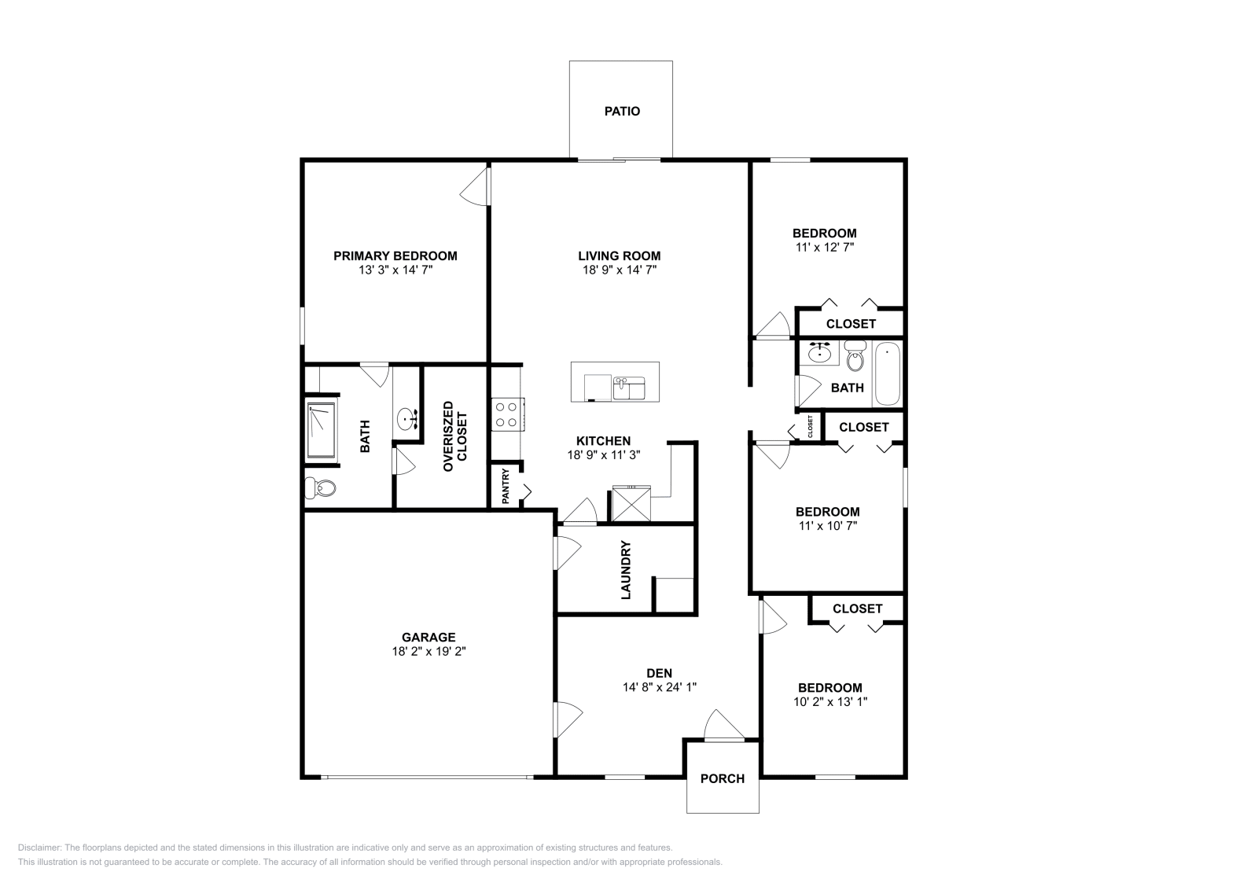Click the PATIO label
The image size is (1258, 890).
(622, 111)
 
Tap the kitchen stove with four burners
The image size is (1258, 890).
(508, 414)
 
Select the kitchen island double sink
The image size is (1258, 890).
(629, 388)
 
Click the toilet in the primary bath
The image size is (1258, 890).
(319, 487)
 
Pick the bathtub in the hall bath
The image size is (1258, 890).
(888, 374)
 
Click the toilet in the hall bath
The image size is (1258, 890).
(855, 355)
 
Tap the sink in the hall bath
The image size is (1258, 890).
(821, 353)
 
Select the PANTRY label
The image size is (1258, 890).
(506, 486)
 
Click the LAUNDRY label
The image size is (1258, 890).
(626, 570)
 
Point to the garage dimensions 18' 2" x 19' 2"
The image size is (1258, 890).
(429, 651)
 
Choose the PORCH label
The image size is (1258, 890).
(723, 779)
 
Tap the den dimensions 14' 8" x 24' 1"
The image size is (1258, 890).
(660, 686)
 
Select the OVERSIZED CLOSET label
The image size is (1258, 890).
(455, 436)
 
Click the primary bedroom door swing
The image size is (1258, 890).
(475, 186)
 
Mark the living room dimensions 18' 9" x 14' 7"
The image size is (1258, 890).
(620, 270)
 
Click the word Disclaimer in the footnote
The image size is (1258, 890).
(39, 848)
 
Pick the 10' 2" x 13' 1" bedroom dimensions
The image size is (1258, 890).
(830, 701)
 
